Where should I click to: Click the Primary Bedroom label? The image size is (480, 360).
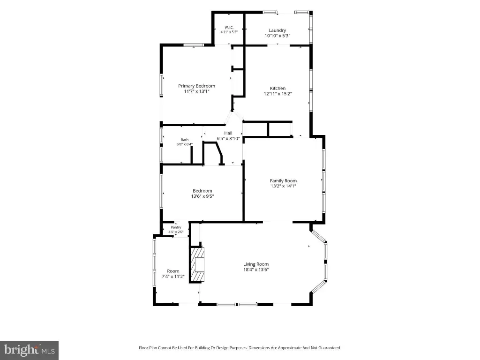(x=196, y=86)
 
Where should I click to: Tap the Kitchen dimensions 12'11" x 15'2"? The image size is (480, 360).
(x=277, y=94)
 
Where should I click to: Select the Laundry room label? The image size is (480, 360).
(x=277, y=30)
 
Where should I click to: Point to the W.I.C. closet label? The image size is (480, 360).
(x=229, y=27)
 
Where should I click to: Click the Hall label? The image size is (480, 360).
(x=228, y=133)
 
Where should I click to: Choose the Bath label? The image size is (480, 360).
(x=185, y=140)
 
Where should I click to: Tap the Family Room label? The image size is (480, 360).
(x=283, y=180)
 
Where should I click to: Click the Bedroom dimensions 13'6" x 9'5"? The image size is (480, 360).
(x=202, y=196)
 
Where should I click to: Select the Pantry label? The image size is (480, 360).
(x=176, y=227)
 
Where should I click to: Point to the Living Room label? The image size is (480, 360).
(x=256, y=264)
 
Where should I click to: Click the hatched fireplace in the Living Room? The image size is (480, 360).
(x=197, y=264)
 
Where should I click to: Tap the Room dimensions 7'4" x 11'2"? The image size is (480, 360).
(x=173, y=277)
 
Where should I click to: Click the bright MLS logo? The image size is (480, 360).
(x=29, y=350)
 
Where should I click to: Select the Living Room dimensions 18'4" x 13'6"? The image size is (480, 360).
(x=256, y=270)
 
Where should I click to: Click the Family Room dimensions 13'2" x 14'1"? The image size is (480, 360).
(x=283, y=186)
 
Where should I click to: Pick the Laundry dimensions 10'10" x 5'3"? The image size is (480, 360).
(x=277, y=36)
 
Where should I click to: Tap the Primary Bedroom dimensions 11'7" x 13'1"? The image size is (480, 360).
(x=196, y=91)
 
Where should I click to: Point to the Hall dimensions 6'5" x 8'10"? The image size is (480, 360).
(x=228, y=138)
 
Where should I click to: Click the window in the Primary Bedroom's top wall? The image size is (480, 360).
(x=194, y=45)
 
